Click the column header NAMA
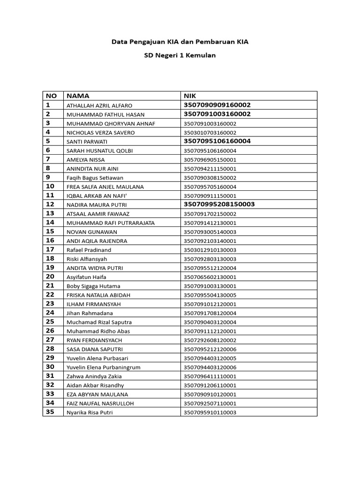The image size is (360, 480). point(78,96)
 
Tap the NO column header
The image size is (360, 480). point(51,96)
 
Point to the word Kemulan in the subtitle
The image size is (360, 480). point(201,55)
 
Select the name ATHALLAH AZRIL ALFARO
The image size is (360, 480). point(99,105)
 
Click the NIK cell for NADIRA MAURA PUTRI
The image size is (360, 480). point(219,204)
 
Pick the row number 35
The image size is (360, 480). point(50,412)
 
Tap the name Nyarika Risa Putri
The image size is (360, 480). point(90,412)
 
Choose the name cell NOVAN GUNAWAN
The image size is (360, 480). point(92,232)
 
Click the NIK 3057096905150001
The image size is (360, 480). point(210,160)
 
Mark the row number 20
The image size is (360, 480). point(50,277)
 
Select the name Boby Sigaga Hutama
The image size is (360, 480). point(93,286)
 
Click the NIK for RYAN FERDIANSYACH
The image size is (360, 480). point(210,340)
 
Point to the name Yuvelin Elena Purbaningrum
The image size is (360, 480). point(103,367)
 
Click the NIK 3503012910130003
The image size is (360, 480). point(210,250)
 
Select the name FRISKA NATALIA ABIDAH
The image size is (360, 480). point(98,295)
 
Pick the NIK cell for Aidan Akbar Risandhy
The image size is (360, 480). point(210,385)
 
